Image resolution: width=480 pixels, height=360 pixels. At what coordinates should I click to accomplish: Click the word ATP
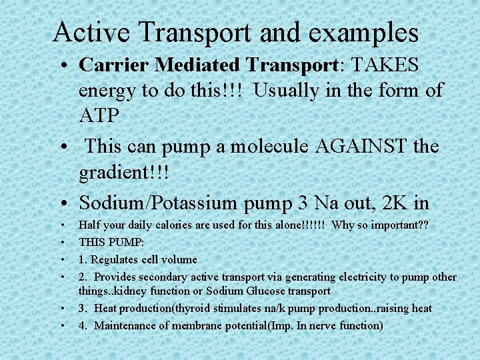tap(99, 115)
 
